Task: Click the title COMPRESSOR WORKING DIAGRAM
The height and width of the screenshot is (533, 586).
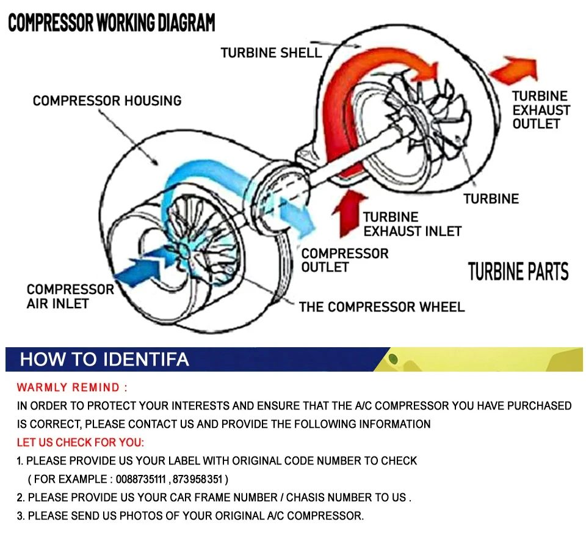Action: [111, 23]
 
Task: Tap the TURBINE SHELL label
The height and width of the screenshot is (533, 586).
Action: [271, 53]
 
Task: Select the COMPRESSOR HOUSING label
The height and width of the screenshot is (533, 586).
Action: [107, 100]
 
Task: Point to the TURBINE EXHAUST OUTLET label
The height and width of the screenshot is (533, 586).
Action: [540, 110]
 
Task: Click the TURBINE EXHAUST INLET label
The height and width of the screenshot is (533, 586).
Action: [412, 224]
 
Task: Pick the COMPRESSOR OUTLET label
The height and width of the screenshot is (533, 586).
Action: [344, 260]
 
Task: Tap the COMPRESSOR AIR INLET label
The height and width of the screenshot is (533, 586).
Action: [70, 296]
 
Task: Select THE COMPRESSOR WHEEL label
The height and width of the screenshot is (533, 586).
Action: [382, 307]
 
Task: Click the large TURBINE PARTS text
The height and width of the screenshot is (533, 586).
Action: [518, 272]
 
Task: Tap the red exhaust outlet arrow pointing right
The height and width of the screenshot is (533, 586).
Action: [513, 70]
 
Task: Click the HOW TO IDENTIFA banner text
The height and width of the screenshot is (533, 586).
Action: [104, 359]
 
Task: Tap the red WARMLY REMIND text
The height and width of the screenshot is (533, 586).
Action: [72, 388]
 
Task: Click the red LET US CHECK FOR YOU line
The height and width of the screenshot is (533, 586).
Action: [81, 442]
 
